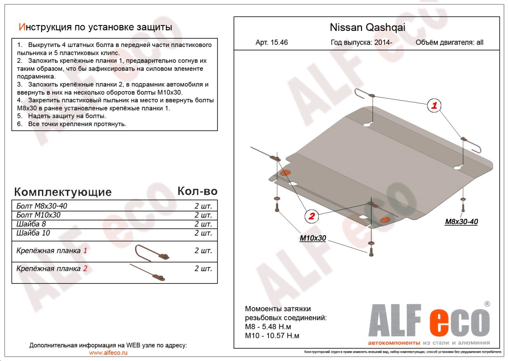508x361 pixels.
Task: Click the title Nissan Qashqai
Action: [367, 27]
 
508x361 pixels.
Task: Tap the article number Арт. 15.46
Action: [272, 42]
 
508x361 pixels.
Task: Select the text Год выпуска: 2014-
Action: [359, 42]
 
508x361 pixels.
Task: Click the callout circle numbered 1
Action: [434, 106]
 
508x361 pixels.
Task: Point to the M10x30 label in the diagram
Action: [312, 238]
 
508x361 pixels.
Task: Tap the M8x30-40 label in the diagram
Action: [461, 222]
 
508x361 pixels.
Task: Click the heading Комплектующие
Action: [63, 192]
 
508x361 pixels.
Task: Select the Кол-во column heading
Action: [197, 191]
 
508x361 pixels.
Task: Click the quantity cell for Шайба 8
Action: [203, 224]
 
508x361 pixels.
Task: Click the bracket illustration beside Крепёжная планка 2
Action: [148, 273]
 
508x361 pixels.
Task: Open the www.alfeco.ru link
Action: [108, 353]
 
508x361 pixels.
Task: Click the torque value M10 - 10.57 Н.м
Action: [272, 335]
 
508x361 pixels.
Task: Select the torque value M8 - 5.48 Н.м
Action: [269, 326]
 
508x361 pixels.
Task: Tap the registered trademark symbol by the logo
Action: [487, 304]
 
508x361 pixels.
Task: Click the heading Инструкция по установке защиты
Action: [95, 27]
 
